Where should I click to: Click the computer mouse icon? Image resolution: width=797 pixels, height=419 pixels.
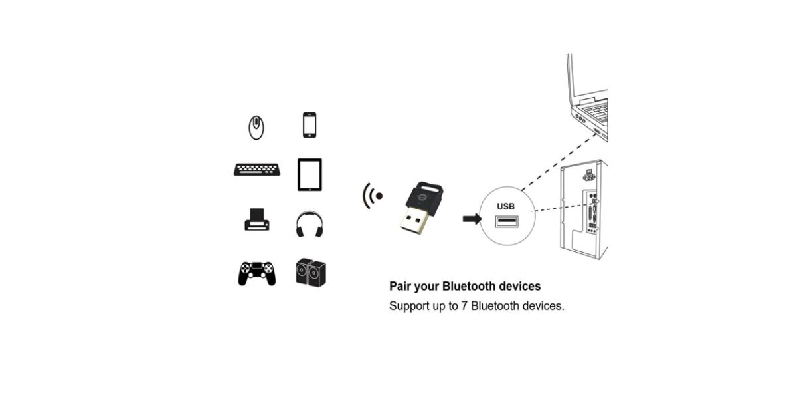pos(256,127)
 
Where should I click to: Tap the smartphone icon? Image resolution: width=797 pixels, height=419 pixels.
pos(309,125)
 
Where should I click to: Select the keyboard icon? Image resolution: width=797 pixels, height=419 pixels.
pos(252,170)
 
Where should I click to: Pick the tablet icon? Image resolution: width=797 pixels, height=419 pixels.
pos(310,174)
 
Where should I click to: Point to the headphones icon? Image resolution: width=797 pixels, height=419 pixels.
pos(309,223)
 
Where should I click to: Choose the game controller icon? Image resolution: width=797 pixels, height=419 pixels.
pos(256,273)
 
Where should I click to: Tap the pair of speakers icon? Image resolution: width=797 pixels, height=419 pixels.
pos(311,272)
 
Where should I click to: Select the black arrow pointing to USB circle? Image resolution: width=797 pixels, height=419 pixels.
pos(472,219)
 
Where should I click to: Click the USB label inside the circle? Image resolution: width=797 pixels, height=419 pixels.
pos(505,206)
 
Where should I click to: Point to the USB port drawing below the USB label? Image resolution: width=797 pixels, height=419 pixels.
pos(506,222)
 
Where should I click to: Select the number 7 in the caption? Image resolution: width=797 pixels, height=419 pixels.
pos(464,307)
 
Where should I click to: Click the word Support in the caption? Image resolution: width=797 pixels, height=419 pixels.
pos(408,307)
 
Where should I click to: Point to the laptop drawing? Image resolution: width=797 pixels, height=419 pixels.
pos(588,96)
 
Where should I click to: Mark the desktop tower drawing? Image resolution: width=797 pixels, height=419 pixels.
pos(583,213)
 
